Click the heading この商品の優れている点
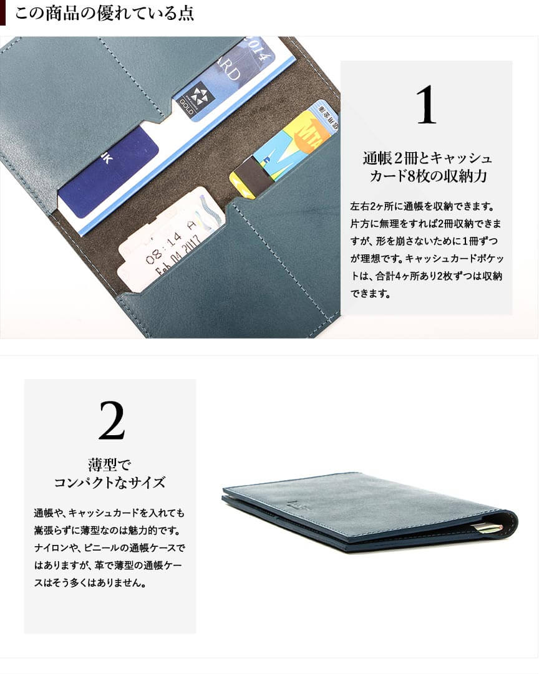tap(104, 13)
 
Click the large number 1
tap(426, 105)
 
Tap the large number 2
tap(112, 420)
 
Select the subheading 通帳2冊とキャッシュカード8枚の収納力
tap(427, 166)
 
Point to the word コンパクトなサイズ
tap(110, 483)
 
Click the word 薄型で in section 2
tap(109, 465)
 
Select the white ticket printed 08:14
tap(170, 239)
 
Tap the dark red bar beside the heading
tap(2, 12)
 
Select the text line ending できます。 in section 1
tap(370, 294)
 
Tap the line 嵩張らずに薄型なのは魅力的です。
tap(107, 531)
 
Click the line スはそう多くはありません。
tap(90, 583)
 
